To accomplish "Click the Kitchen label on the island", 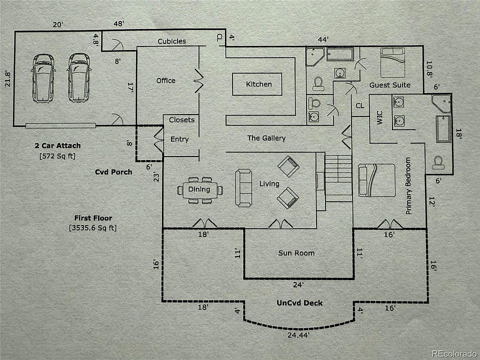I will click(259, 84).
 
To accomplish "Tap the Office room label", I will click(165, 80).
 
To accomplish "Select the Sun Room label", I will click(296, 253).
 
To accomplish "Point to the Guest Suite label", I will click(390, 85).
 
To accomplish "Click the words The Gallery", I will click(266, 138).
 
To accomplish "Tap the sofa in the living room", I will click(244, 187).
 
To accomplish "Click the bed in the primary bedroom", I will click(377, 182).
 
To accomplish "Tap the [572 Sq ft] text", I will click(57, 156).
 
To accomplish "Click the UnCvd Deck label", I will click(299, 303).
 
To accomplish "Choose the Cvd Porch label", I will click(113, 172).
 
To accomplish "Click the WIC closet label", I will click(379, 121).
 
